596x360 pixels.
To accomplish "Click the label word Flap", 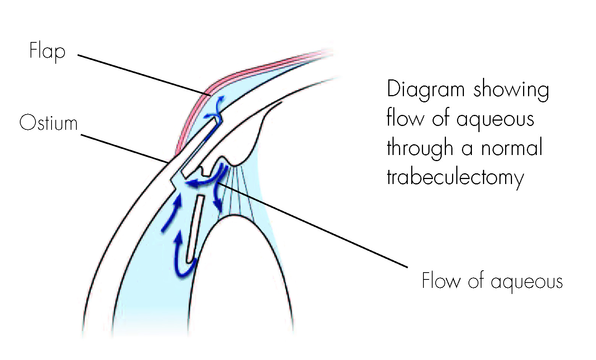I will coord(47,52).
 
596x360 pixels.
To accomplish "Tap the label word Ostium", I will coord(48,123).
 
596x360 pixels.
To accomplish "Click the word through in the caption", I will coord(420,148).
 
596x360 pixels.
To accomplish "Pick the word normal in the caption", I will coord(512,148).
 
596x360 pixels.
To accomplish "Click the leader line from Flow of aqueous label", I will coord(313,225).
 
